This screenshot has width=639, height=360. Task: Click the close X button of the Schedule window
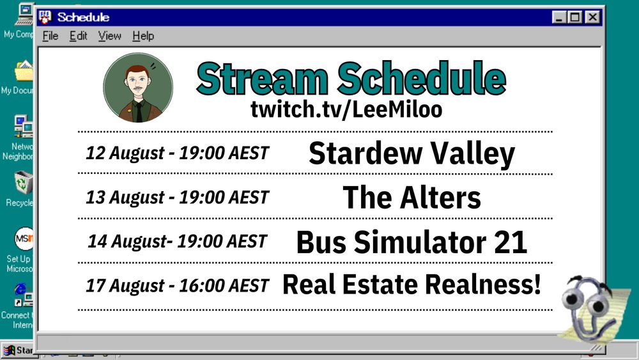(593, 18)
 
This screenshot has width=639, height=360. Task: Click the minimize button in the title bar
(558, 18)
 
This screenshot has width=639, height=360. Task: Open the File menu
(50, 36)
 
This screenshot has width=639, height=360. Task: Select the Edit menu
(79, 36)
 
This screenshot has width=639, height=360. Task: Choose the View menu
(110, 36)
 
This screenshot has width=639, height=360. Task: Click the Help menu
(143, 36)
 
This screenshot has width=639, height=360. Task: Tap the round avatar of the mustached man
(138, 88)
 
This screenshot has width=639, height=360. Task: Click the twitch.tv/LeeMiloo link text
(346, 109)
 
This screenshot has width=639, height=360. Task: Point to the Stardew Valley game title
(412, 153)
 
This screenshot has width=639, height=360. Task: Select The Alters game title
(412, 198)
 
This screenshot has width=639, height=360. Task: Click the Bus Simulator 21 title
(412, 242)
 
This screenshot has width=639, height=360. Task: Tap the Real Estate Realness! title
(412, 285)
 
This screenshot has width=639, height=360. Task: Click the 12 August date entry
(177, 153)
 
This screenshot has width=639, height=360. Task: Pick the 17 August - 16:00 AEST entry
(177, 285)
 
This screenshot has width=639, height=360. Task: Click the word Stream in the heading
(263, 79)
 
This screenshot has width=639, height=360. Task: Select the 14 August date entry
(177, 242)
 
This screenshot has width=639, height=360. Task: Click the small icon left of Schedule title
(45, 17)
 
